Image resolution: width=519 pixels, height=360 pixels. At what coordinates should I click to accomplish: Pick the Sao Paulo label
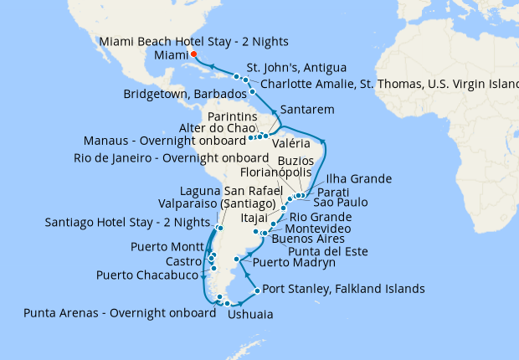pos(340,202)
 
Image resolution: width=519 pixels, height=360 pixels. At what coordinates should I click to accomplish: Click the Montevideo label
pos(315,228)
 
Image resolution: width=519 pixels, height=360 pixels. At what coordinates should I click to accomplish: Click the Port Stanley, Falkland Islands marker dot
pos(245,291)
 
